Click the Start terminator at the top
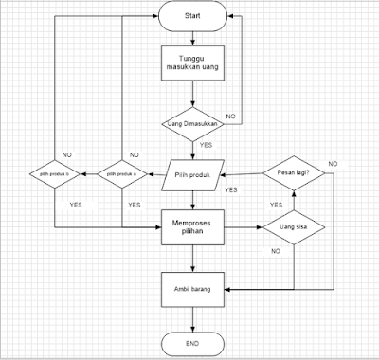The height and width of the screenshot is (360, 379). [193, 18]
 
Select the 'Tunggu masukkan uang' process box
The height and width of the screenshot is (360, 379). [193, 67]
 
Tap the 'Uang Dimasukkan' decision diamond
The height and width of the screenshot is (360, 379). [193, 124]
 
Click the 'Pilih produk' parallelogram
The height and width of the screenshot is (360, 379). [193, 174]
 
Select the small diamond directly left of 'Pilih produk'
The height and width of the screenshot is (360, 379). [123, 174]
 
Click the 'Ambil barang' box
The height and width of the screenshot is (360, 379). [193, 287]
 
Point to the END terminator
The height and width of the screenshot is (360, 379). [193, 340]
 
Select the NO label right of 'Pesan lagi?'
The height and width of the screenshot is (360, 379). [332, 165]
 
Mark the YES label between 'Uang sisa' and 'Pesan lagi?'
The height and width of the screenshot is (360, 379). [276, 204]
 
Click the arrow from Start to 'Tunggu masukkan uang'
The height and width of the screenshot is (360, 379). [193, 36]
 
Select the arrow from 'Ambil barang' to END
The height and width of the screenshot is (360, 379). [193, 316]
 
